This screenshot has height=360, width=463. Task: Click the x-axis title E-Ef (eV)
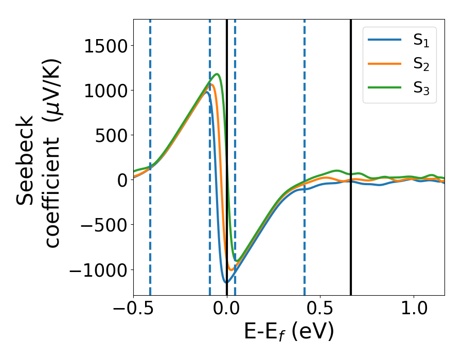[289, 332]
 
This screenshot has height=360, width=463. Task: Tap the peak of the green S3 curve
[218, 74]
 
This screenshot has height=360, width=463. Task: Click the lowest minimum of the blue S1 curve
[226, 282]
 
